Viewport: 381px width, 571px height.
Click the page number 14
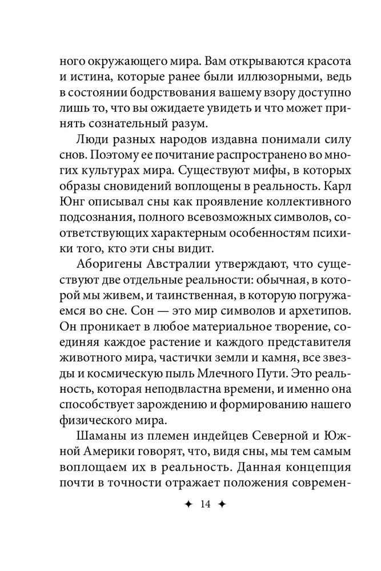(190, 504)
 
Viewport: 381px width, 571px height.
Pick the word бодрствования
(151, 93)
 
